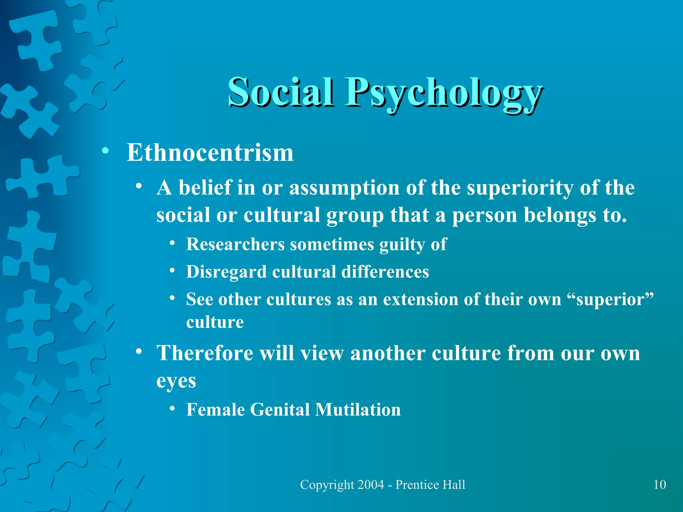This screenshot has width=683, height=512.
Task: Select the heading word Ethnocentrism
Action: (x=210, y=153)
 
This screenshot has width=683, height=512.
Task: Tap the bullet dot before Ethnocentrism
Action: (x=105, y=151)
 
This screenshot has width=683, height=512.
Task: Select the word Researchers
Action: (x=235, y=244)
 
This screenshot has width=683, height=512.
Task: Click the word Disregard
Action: (x=226, y=272)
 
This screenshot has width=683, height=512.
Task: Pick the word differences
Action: (x=385, y=272)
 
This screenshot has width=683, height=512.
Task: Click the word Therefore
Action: (x=205, y=353)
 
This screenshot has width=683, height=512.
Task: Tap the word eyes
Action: (x=176, y=381)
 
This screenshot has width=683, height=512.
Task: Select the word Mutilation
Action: (x=358, y=410)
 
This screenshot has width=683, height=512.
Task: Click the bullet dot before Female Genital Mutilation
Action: (x=172, y=409)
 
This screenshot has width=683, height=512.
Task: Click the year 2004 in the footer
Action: (x=370, y=485)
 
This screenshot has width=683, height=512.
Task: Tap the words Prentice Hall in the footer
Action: (x=430, y=485)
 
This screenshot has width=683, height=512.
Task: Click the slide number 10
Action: (x=660, y=485)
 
